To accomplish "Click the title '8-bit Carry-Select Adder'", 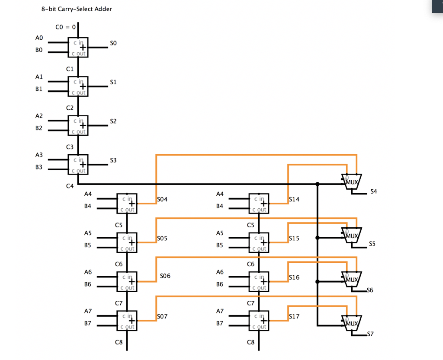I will pos(77,9).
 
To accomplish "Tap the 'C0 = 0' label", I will pos(66,27).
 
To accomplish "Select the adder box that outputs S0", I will pos(78,47).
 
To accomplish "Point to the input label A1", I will pos(39,77).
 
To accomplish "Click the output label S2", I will pos(113,121).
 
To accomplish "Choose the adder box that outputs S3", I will pos(78,164).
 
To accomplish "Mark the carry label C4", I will pos(70,186).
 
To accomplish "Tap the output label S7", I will pos(370,335).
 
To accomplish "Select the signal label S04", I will pos(162,199).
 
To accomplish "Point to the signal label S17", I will pos(294,316).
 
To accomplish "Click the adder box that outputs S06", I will pos(127,281).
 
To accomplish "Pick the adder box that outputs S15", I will pos(259,242).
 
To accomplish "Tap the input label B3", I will pos(39,167).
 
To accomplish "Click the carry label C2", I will pos(70,108).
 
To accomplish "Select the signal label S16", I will pos(294,277).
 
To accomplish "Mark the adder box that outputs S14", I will pos(259,203).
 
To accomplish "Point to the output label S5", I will pos(372,244).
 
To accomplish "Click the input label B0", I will pos(39,50).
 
